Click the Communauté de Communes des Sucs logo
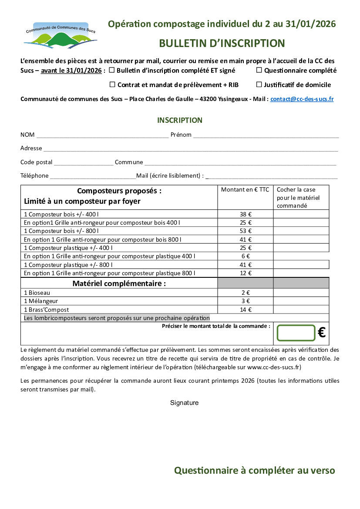(x=60, y=35)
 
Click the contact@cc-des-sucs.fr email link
(x=302, y=99)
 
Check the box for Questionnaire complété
(x=259, y=70)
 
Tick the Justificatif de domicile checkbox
(x=259, y=84)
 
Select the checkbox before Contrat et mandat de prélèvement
(x=112, y=84)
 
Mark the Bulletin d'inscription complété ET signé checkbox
(x=112, y=70)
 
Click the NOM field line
(x=102, y=135)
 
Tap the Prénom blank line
(x=266, y=135)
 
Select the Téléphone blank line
(x=93, y=177)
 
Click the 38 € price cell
(x=246, y=214)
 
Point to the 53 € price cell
(x=246, y=231)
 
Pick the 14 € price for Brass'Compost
(x=246, y=310)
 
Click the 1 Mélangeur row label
(x=41, y=301)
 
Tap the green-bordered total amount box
(x=296, y=333)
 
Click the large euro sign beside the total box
(x=322, y=333)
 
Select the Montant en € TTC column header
(x=245, y=190)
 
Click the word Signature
(x=184, y=403)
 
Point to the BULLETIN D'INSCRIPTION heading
(x=222, y=43)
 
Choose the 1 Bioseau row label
(x=37, y=293)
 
